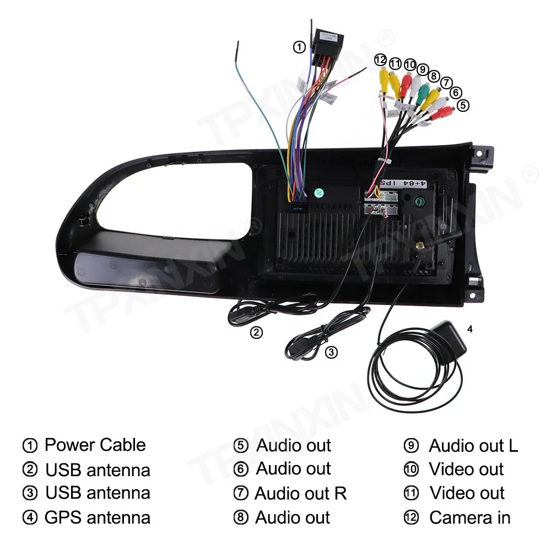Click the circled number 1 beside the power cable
click(299, 47)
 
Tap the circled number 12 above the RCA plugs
click(381, 60)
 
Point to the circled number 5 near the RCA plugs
click(463, 104)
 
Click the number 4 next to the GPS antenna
click(469, 329)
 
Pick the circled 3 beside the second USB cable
click(331, 352)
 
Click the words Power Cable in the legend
click(95, 445)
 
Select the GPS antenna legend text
click(97, 517)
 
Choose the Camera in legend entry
click(469, 517)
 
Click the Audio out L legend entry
click(473, 445)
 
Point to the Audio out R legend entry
click(300, 493)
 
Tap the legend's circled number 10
click(411, 469)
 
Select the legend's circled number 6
click(241, 469)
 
